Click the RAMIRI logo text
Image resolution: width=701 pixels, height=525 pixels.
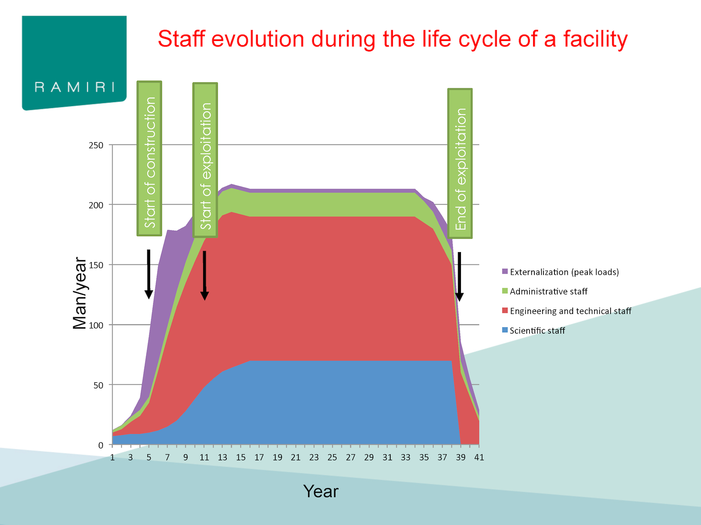(x=74, y=87)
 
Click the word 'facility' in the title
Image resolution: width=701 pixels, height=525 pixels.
(x=595, y=40)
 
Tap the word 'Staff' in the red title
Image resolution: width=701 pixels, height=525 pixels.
(x=181, y=39)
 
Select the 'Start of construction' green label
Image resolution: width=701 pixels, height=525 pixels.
(x=149, y=159)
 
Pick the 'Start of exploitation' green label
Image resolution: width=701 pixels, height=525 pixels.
(x=205, y=160)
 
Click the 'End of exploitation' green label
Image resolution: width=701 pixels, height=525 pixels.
(x=460, y=163)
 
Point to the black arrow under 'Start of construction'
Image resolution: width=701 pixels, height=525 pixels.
(x=149, y=274)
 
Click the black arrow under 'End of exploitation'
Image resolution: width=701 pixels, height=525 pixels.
(x=459, y=277)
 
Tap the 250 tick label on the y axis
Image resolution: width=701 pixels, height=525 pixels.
(x=96, y=145)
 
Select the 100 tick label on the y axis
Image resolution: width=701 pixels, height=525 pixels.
(x=96, y=325)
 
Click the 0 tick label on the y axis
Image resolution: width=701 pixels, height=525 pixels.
(x=100, y=445)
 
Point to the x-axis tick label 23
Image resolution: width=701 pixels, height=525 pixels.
(x=314, y=458)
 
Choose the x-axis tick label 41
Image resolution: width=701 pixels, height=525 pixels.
(x=479, y=458)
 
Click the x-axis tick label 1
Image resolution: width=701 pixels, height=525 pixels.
(x=112, y=458)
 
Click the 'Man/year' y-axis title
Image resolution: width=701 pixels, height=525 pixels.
(x=79, y=293)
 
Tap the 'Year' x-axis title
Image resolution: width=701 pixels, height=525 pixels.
(x=321, y=491)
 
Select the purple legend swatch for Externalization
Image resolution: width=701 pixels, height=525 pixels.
(x=505, y=271)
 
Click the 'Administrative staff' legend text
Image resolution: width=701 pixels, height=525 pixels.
(x=549, y=291)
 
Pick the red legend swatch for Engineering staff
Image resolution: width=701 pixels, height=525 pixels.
(x=505, y=310)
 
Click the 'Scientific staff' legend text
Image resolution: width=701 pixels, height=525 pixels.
(x=537, y=330)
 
